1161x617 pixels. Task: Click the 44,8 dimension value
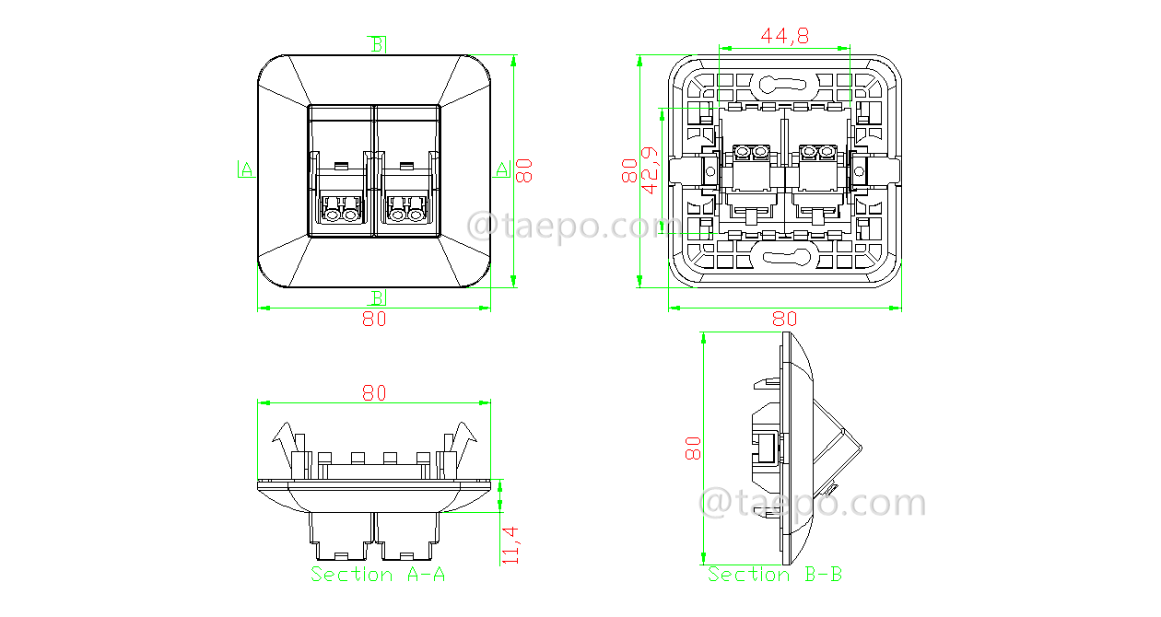coord(784,35)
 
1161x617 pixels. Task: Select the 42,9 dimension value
coord(650,170)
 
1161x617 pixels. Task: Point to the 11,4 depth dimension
coord(510,544)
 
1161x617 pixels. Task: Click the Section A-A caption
coord(378,575)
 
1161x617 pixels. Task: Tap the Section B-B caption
coord(775,575)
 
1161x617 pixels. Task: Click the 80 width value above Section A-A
coord(373,392)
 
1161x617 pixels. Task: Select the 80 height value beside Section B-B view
coord(693,448)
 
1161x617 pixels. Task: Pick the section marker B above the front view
coord(378,44)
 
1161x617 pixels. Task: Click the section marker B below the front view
coord(378,297)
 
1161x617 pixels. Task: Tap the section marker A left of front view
coord(245,169)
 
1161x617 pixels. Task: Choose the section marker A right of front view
coord(502,169)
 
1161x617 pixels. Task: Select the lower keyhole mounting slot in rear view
coord(784,256)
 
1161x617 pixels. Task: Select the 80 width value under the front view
coord(373,320)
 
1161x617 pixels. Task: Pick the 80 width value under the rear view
coord(784,320)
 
